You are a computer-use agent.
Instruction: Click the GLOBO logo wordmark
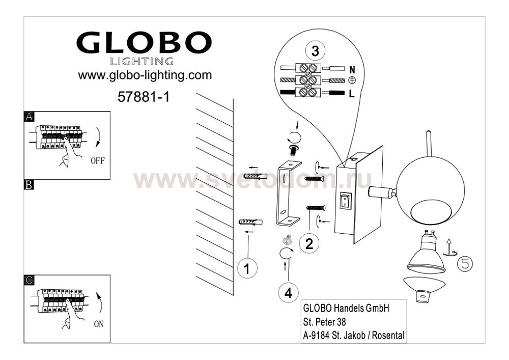[x=144, y=43]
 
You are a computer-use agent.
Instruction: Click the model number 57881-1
[x=144, y=97]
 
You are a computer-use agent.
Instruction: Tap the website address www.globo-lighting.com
[x=145, y=75]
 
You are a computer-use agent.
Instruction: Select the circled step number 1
[x=247, y=268]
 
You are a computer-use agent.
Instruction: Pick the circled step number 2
[x=309, y=243]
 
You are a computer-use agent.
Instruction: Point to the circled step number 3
[x=315, y=51]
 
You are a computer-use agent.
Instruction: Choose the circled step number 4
[x=288, y=293]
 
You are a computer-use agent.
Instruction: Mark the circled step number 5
[x=465, y=264]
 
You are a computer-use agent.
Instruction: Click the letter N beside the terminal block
[x=352, y=69]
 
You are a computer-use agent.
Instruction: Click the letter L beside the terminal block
[x=352, y=94]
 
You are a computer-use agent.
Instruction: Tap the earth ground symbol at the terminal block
[x=352, y=80]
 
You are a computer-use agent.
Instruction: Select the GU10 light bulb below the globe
[x=426, y=252]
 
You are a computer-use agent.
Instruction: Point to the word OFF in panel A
[x=98, y=160]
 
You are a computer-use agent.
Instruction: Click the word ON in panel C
[x=99, y=324]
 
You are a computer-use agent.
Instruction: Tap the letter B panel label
[x=29, y=185]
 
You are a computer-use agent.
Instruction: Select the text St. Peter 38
[x=324, y=322]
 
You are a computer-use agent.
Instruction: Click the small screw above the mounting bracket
[x=294, y=150]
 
